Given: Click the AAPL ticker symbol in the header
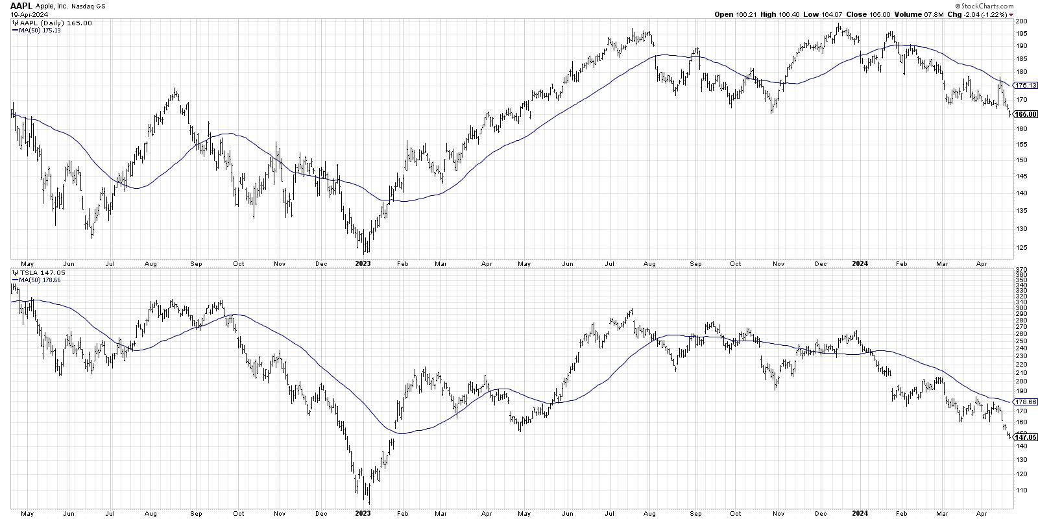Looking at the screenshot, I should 21,6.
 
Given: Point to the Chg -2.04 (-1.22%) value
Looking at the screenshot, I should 992,14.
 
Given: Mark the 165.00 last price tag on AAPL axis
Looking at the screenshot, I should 1025,114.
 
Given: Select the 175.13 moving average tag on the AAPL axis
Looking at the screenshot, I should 1025,85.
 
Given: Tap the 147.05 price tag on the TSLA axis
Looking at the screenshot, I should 1025,437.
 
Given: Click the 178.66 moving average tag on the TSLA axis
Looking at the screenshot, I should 1025,402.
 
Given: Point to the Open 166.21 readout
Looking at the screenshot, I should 734,14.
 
